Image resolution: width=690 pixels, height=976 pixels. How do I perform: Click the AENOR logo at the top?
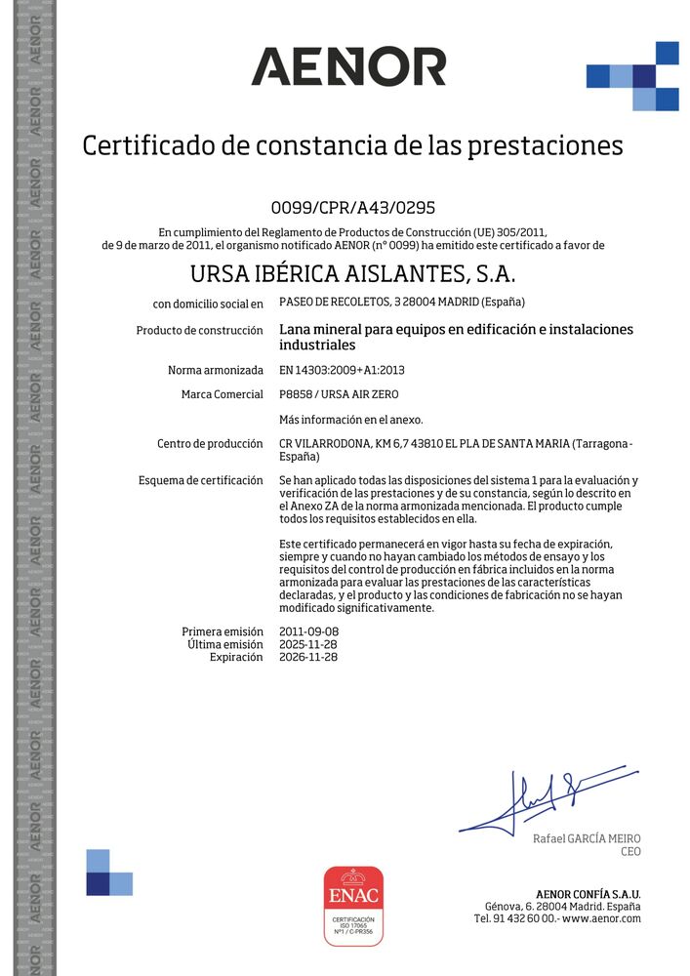pyautogui.click(x=348, y=66)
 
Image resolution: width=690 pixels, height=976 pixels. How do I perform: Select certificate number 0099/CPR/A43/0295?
pyautogui.click(x=352, y=207)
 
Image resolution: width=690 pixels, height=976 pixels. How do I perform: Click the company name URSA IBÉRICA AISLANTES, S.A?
pyautogui.click(x=352, y=272)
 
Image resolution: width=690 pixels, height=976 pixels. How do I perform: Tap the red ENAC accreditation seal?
pyautogui.click(x=353, y=905)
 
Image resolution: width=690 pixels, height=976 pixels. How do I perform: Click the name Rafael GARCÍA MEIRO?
pyautogui.click(x=587, y=838)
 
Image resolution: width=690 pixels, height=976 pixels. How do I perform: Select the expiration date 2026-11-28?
pyautogui.click(x=308, y=657)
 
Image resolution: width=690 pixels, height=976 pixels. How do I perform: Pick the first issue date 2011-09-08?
pyautogui.click(x=308, y=631)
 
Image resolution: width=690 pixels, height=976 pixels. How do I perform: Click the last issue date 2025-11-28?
pyautogui.click(x=308, y=644)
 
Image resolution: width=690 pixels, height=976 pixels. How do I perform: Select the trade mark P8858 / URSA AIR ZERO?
pyautogui.click(x=339, y=394)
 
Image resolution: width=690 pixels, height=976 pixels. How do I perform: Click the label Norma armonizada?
pyautogui.click(x=216, y=371)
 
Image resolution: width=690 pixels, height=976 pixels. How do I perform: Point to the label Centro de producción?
pyautogui.click(x=210, y=444)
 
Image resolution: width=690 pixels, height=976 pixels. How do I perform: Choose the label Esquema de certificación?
pyautogui.click(x=201, y=480)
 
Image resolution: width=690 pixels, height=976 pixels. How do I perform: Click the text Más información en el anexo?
pyautogui.click(x=351, y=420)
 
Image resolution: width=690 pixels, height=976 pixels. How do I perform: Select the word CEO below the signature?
pyautogui.click(x=630, y=852)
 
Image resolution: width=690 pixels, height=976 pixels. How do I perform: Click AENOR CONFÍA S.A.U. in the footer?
pyautogui.click(x=589, y=894)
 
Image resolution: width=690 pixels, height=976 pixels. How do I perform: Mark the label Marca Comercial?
pyautogui.click(x=222, y=394)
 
